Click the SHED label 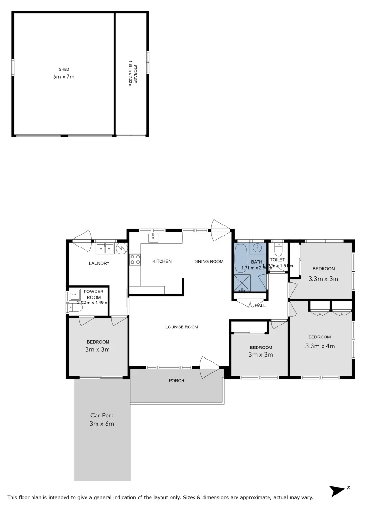(64, 69)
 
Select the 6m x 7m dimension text (64, 77)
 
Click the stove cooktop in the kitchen (135, 259)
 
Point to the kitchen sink (153, 238)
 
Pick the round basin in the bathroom (258, 248)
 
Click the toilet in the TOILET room (279, 250)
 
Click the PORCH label (176, 381)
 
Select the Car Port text (102, 416)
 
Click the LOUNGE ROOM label (182, 327)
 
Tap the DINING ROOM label (208, 261)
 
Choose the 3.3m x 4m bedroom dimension (320, 345)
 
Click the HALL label (260, 305)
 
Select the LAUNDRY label (99, 263)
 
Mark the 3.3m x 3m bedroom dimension (323, 278)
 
